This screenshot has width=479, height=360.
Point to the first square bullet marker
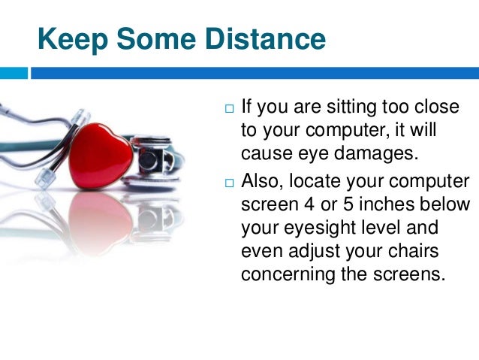(229, 110)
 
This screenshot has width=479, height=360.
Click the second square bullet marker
(229, 183)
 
